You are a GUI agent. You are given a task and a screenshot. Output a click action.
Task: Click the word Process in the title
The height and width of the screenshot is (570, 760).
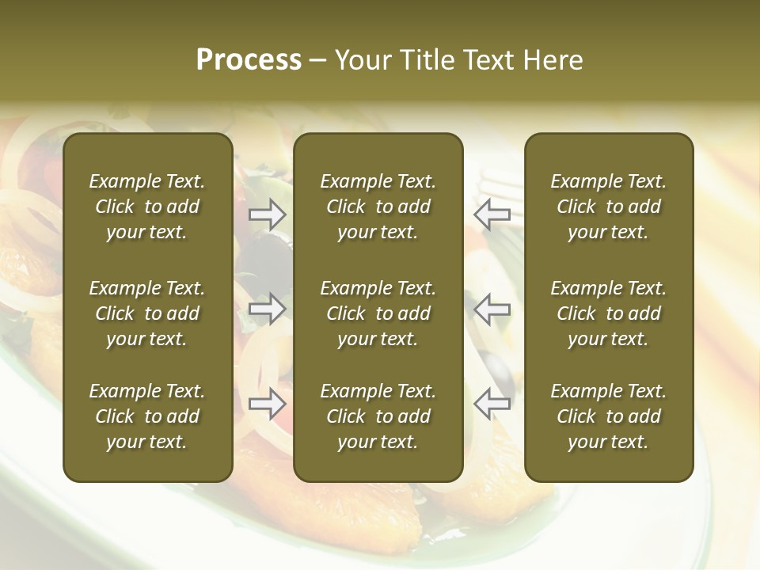pyautogui.click(x=249, y=60)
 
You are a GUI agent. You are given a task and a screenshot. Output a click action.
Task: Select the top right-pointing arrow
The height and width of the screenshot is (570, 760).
pyautogui.click(x=268, y=214)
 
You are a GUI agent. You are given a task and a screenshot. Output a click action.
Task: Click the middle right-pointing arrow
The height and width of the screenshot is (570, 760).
pyautogui.click(x=268, y=309)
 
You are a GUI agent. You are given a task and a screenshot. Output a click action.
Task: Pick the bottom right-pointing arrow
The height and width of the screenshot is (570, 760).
pyautogui.click(x=268, y=404)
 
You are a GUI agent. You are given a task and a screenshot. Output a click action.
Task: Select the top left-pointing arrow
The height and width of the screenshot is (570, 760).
pyautogui.click(x=492, y=214)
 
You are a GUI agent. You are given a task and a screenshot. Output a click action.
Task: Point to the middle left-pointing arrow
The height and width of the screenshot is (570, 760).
pyautogui.click(x=492, y=309)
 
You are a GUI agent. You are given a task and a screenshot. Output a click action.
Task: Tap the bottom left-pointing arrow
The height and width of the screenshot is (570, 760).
pyautogui.click(x=492, y=404)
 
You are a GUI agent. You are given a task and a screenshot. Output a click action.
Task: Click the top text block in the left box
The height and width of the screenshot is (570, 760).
pyautogui.click(x=147, y=207)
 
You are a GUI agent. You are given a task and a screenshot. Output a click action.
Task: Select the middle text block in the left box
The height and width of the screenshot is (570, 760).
pyautogui.click(x=147, y=313)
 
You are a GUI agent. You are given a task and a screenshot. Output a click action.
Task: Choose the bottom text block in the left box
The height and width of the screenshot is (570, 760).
pyautogui.click(x=147, y=416)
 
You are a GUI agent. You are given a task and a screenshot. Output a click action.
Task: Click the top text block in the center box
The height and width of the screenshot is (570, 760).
pyautogui.click(x=378, y=207)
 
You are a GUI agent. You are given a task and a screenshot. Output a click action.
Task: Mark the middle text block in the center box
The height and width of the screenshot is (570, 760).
pyautogui.click(x=378, y=313)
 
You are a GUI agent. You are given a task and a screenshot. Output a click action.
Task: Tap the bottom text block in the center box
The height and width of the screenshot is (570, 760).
pyautogui.click(x=378, y=416)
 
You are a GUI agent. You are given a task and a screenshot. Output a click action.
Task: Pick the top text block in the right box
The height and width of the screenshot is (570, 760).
pyautogui.click(x=609, y=207)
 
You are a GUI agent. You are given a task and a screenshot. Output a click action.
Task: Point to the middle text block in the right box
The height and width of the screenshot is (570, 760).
pyautogui.click(x=609, y=313)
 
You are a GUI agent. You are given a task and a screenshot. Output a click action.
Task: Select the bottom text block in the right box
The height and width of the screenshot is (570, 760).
pyautogui.click(x=609, y=416)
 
